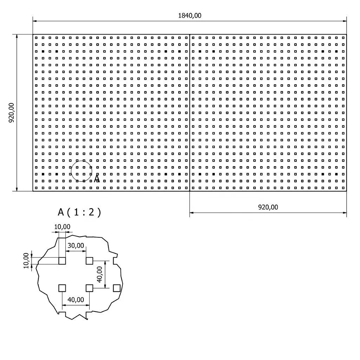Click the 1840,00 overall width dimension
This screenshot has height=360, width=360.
click(190, 16)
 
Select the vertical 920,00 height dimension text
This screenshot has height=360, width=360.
click(11, 112)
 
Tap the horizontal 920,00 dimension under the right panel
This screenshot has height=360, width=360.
click(268, 207)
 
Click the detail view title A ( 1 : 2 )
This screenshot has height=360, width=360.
click(79, 212)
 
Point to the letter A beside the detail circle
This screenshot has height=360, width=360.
click(97, 179)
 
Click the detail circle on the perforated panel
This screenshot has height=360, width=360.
click(82, 171)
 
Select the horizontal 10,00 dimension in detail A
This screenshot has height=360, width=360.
click(62, 227)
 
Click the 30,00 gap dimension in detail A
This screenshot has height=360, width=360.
click(76, 245)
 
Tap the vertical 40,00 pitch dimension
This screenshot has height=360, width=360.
click(99, 274)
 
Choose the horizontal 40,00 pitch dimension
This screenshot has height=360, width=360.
click(76, 300)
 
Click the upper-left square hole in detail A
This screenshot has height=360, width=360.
click(62, 261)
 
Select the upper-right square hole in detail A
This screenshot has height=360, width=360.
click(89, 261)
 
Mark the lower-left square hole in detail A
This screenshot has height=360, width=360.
click(62, 288)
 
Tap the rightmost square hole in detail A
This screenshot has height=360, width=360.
click(117, 288)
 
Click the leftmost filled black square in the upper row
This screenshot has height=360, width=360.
click(43, 51)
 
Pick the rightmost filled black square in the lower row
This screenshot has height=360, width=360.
click(336, 174)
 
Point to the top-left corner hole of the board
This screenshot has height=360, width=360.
click(36, 38)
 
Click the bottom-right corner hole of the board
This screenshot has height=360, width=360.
click(343, 188)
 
